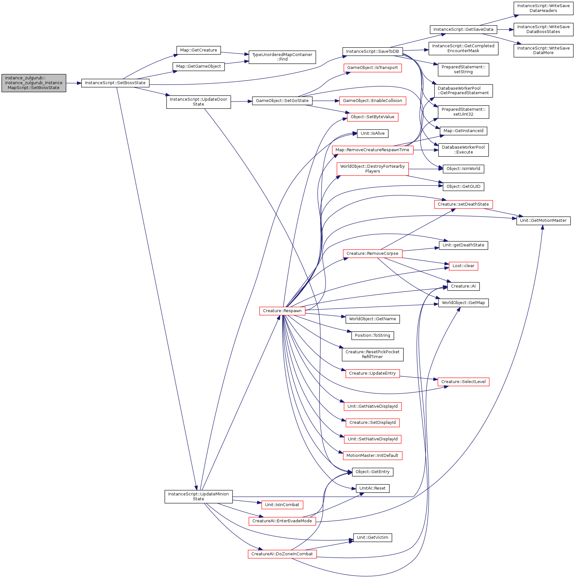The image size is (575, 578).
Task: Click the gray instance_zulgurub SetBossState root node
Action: (x=34, y=83)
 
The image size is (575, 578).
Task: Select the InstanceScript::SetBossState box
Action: (x=115, y=83)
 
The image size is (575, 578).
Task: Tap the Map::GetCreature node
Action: (x=198, y=50)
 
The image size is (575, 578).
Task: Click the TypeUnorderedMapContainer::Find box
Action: (x=282, y=57)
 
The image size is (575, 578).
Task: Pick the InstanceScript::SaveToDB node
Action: (x=372, y=51)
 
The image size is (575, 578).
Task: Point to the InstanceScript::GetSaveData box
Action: (x=463, y=29)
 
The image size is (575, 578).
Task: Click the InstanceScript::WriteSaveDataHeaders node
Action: (x=543, y=8)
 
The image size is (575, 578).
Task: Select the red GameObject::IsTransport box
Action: (x=372, y=68)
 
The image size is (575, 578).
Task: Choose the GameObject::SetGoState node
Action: (x=282, y=101)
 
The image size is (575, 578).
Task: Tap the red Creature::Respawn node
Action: (x=282, y=311)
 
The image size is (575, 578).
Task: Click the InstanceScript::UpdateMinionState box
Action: (x=198, y=496)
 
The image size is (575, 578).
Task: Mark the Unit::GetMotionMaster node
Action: (x=543, y=221)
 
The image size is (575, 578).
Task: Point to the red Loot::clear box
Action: (x=463, y=266)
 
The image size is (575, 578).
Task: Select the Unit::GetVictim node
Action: (x=372, y=538)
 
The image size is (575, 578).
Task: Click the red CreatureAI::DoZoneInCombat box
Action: (x=282, y=554)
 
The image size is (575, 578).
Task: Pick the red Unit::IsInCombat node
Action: (x=282, y=505)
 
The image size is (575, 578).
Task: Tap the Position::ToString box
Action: (x=372, y=335)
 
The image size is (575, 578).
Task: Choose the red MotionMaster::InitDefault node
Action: (x=372, y=456)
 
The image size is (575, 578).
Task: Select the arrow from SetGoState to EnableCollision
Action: (x=326, y=101)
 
